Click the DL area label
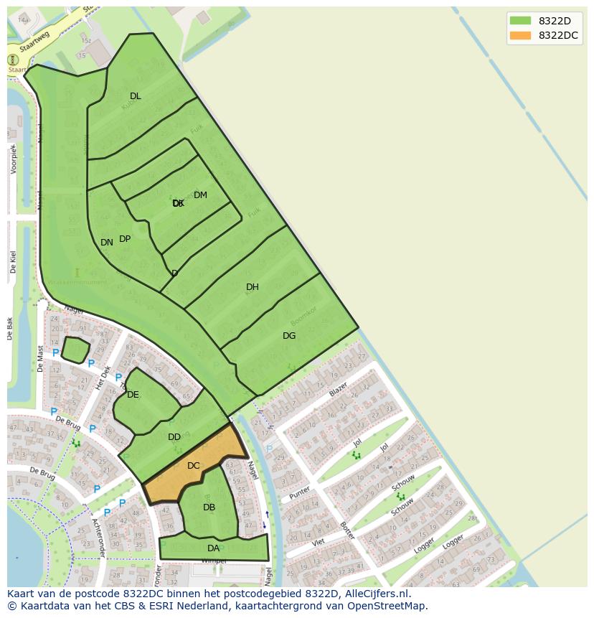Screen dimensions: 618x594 click(136, 96)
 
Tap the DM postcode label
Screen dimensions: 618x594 click(200, 195)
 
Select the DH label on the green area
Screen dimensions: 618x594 click(252, 287)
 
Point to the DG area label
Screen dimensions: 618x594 click(289, 336)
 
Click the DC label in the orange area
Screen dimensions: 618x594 click(193, 466)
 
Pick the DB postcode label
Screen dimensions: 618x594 click(209, 507)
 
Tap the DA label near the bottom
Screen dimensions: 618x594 click(213, 548)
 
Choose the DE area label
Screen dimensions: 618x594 click(133, 395)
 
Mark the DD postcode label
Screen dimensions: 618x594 click(174, 437)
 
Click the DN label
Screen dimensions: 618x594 click(106, 243)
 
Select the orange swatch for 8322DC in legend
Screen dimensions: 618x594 click(521, 35)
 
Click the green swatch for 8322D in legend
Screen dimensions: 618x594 click(521, 21)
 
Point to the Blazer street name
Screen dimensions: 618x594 click(338, 390)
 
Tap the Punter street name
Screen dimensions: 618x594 click(300, 494)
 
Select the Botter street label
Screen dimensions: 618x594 click(347, 530)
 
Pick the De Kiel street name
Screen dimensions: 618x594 click(13, 262)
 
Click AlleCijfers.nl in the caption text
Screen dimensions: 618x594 click(374, 594)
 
